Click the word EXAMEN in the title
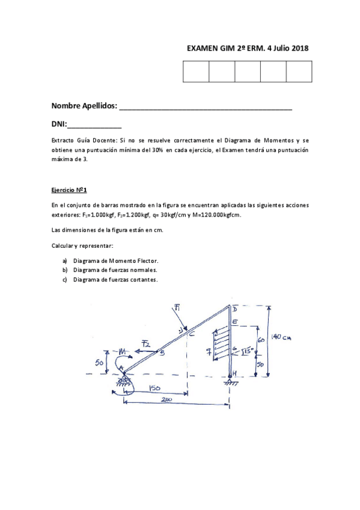(202, 49)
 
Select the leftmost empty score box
(195, 72)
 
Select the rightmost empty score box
(299, 72)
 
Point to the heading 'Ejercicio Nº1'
(70, 191)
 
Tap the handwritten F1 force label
(178, 309)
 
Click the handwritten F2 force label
(146, 343)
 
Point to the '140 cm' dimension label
(280, 337)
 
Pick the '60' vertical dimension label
(260, 340)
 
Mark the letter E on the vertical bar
(235, 323)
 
